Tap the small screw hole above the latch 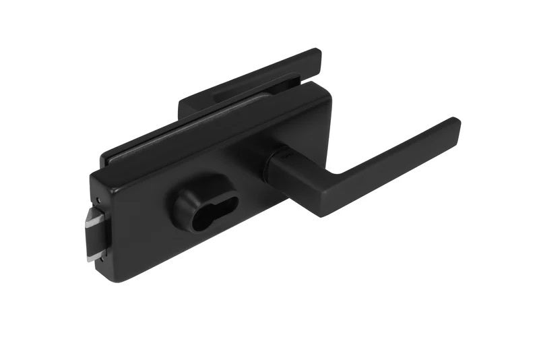[99, 200]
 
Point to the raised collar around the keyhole [185, 202]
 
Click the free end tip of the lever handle [455, 125]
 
